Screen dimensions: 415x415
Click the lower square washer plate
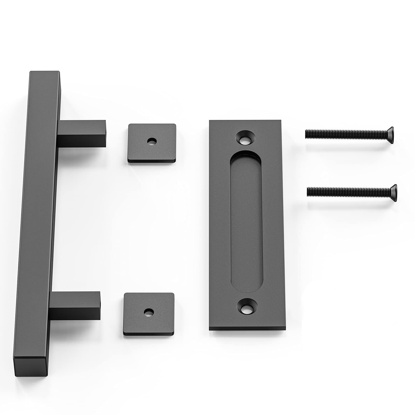149,312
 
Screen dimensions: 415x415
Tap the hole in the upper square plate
152,141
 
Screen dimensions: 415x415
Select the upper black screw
349,133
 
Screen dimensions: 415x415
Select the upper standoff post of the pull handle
82,134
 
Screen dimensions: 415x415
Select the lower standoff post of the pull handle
75,306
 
